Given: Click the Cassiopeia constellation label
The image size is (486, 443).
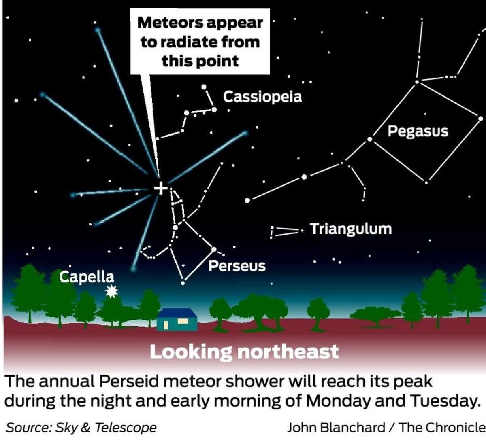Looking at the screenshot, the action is (262, 97).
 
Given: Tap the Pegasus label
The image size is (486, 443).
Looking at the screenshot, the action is (418, 131).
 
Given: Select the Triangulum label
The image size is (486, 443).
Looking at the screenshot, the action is (351, 229).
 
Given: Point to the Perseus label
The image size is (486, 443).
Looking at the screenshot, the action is (237, 266).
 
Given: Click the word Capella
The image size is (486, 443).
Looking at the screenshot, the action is (87, 277).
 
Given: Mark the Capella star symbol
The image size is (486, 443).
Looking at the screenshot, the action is (111, 291).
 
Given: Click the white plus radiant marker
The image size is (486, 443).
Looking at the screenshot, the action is (161, 188).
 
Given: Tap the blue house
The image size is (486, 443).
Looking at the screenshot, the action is (177, 319).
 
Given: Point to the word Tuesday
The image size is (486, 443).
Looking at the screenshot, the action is (444, 401).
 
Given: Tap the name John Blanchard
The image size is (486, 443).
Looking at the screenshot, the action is (336, 428).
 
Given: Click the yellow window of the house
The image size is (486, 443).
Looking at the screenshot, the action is (183, 321).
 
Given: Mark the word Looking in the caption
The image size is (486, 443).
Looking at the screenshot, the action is (190, 352).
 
